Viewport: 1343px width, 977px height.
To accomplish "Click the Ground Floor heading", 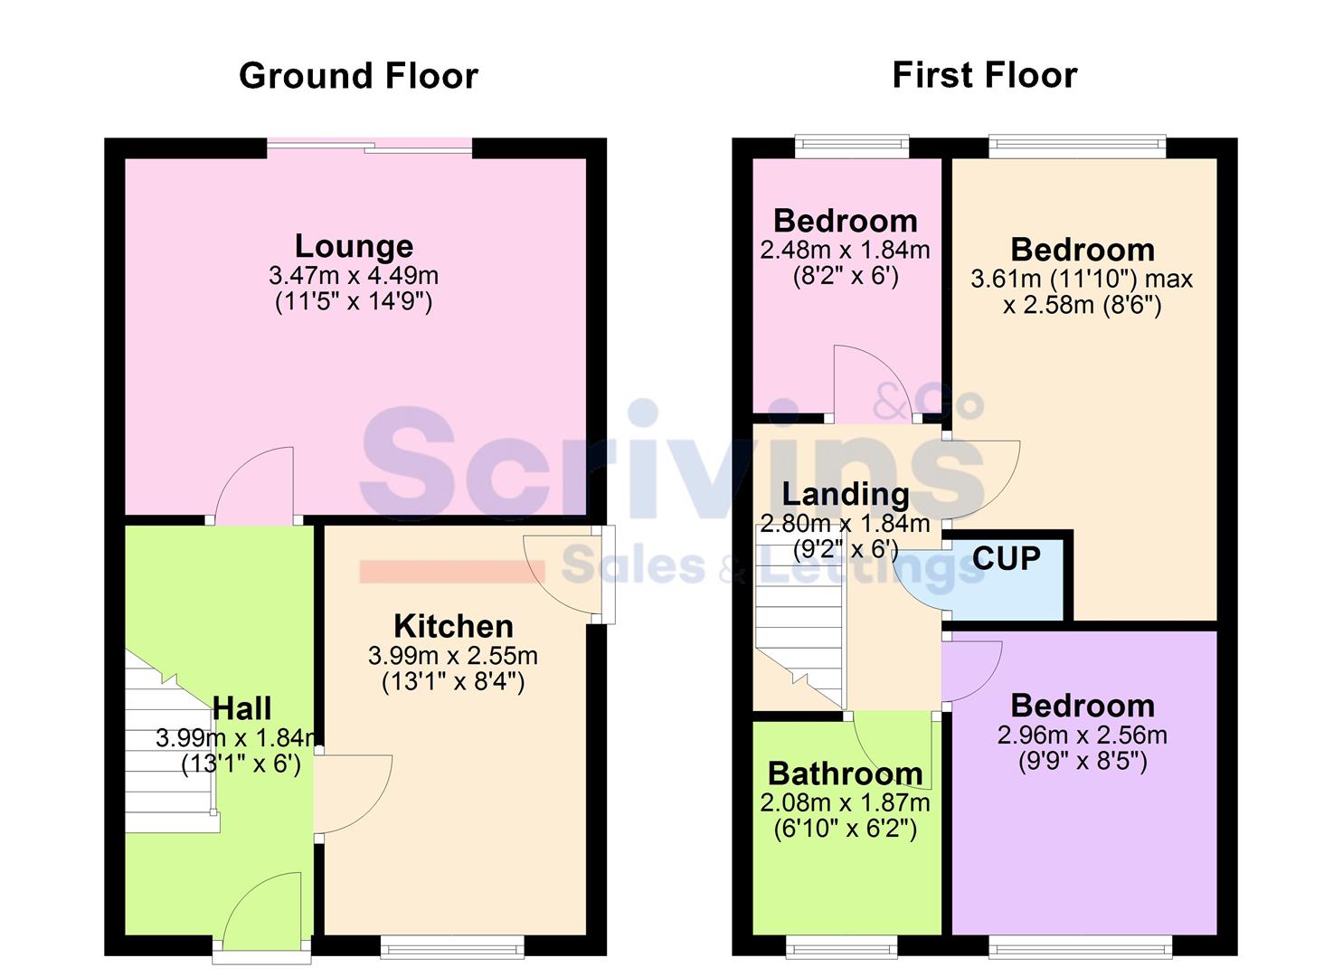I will [358, 76].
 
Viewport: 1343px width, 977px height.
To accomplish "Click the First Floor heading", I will [984, 75].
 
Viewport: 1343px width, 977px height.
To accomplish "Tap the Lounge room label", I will [354, 246].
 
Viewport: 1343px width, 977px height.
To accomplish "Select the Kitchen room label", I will [453, 626].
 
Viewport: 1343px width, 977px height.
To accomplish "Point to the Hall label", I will [241, 708].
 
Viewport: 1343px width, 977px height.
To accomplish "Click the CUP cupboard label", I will [1006, 558].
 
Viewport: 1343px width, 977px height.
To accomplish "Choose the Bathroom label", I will [845, 774].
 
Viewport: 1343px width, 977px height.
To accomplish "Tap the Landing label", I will [845, 494].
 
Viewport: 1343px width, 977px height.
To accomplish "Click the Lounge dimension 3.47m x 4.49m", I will [354, 275].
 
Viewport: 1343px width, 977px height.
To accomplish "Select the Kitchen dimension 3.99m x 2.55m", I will [453, 655].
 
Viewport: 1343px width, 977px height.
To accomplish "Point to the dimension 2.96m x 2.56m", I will [1082, 735].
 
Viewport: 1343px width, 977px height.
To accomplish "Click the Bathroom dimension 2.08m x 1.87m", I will [845, 802].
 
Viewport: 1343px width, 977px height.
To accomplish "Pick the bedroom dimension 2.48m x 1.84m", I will [845, 250].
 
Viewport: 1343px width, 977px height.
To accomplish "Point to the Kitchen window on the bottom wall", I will [452, 947].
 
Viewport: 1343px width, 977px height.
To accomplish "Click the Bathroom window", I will [842, 947].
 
